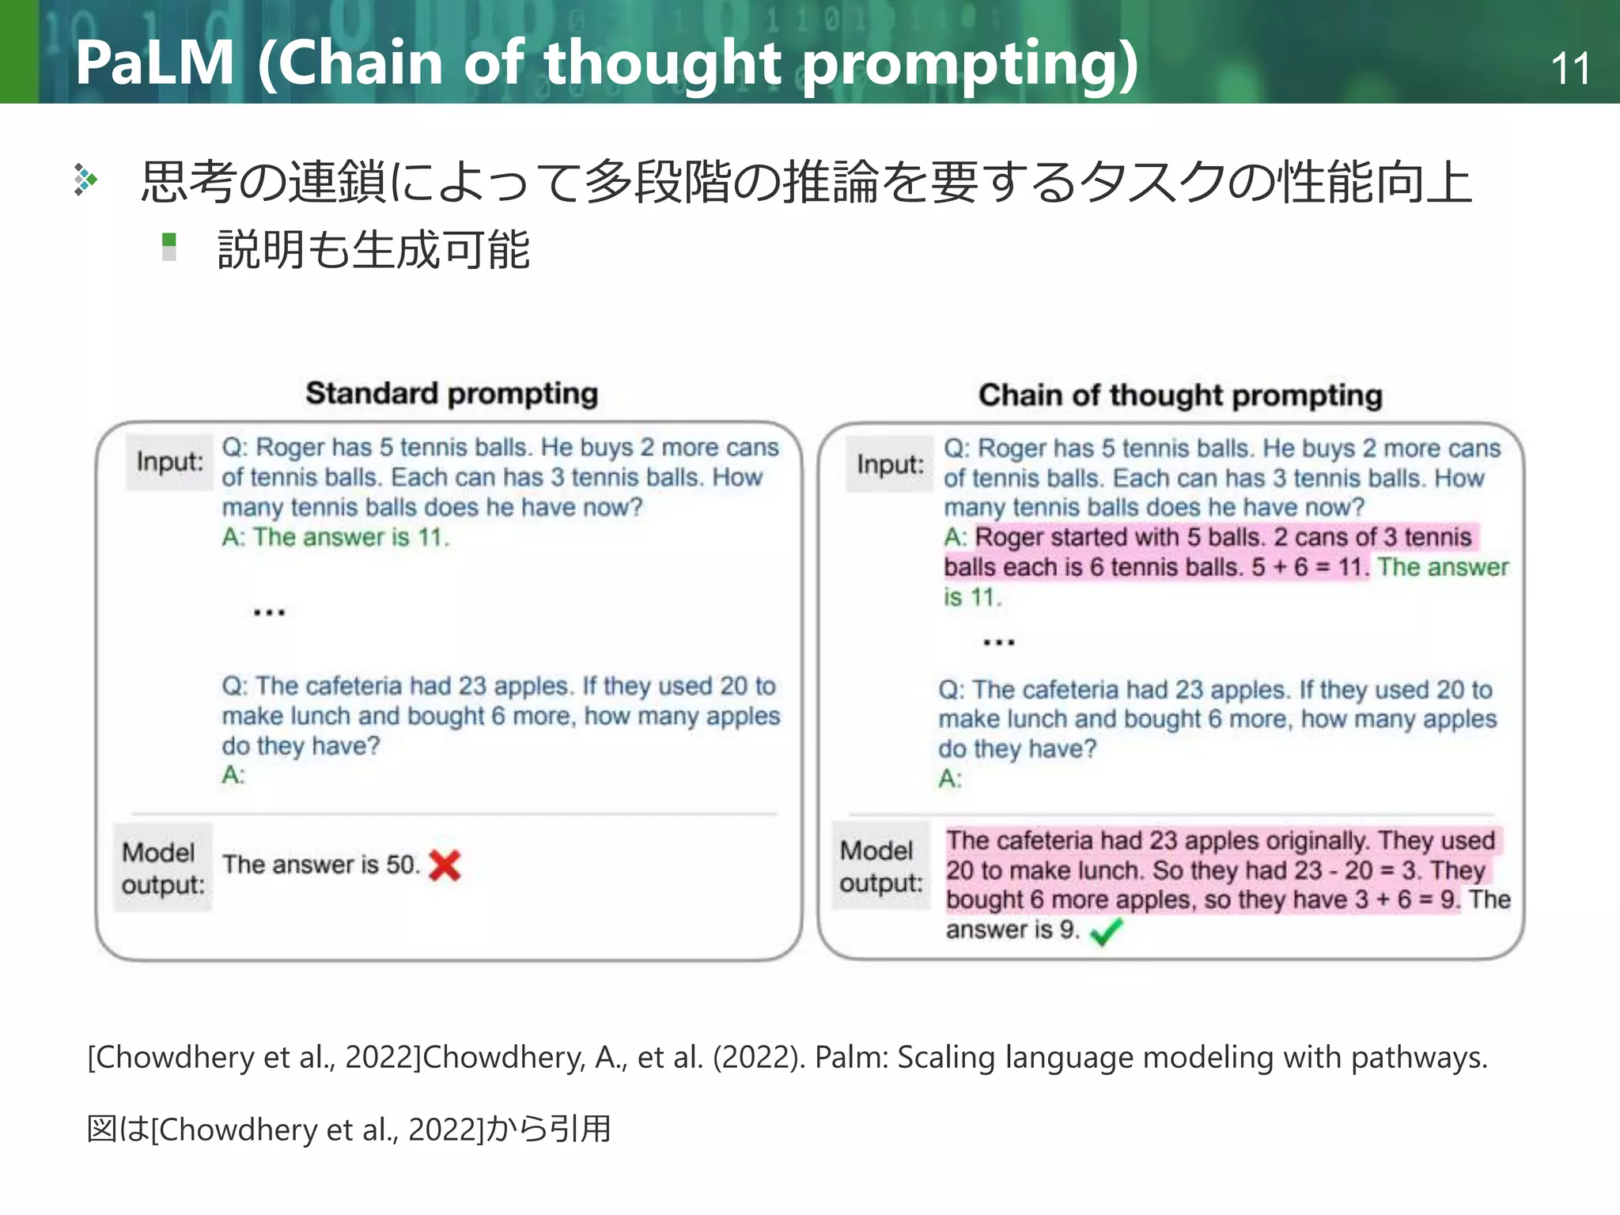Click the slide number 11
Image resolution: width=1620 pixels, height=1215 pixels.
[1570, 69]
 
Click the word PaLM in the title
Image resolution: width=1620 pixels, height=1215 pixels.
[155, 63]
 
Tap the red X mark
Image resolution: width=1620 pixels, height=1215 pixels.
[445, 865]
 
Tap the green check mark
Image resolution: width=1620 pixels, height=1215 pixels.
[1106, 932]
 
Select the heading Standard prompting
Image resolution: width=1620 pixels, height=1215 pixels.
[452, 393]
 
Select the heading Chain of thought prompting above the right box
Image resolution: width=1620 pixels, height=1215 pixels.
[1180, 396]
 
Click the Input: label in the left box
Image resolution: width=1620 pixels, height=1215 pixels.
[169, 462]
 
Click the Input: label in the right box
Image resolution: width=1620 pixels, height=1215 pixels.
[890, 465]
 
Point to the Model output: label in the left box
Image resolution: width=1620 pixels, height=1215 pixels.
[162, 869]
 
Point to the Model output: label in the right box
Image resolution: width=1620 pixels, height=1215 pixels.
[880, 867]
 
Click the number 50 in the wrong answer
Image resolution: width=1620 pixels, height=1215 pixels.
[401, 865]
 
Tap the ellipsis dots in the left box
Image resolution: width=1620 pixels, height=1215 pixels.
[269, 612]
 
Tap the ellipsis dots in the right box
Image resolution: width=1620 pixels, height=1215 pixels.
[998, 642]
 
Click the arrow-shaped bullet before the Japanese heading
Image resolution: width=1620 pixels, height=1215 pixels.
[85, 180]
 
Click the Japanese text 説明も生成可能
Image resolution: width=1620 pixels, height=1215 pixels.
[373, 250]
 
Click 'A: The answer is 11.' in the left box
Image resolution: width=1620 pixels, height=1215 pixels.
[335, 538]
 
